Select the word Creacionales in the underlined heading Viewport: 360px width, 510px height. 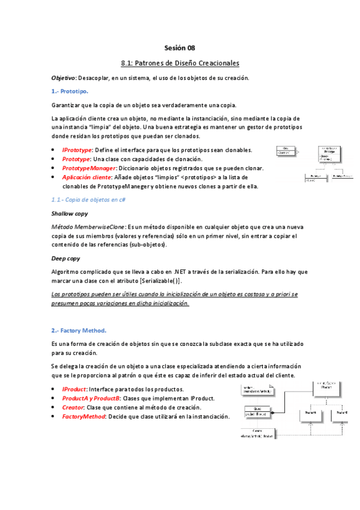coord(218,63)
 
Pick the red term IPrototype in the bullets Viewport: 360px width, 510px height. coord(77,149)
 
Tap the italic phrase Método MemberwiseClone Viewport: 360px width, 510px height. coord(88,226)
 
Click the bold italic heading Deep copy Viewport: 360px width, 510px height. coord(66,258)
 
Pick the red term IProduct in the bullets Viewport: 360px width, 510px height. coord(75,389)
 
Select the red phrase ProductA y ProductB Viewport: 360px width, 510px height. coord(91,398)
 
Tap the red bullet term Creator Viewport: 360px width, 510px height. coord(73,407)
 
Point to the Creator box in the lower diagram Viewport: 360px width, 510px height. coord(257,433)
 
